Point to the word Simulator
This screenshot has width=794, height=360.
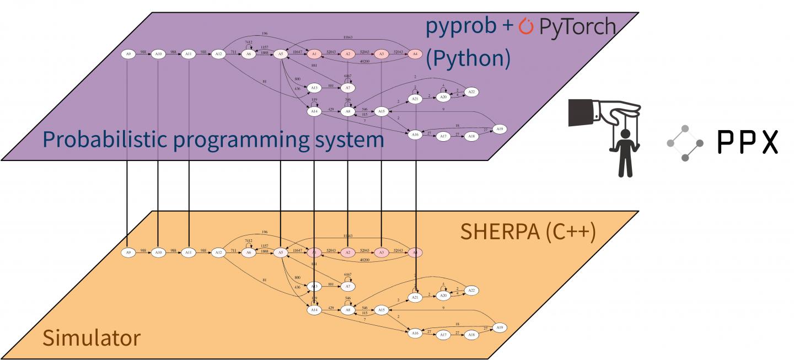[x=91, y=337]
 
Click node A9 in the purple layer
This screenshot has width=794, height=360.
[x=128, y=54]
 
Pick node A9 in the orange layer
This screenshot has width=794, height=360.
[x=128, y=252]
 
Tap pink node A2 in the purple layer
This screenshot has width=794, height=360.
[x=347, y=54]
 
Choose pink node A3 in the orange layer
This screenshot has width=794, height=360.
[x=381, y=252]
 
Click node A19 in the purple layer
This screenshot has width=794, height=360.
[x=499, y=129]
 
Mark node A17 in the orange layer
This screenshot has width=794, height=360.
[x=442, y=335]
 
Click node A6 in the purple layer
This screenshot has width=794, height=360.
[x=249, y=54]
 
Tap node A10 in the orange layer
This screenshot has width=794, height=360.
[x=158, y=252]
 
